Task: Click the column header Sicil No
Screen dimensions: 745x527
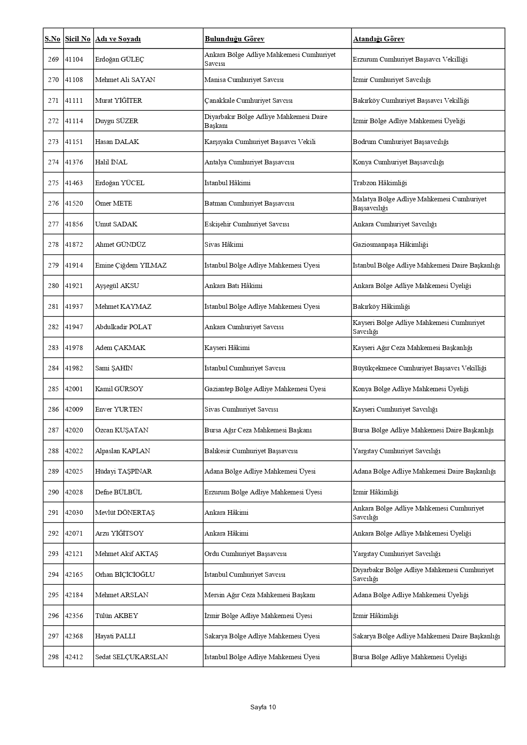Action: (x=78, y=39)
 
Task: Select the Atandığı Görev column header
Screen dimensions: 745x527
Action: (x=378, y=39)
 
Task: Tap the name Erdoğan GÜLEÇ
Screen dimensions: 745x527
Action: (x=119, y=59)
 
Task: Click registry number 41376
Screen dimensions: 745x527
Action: (x=74, y=162)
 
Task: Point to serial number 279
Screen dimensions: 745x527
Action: (x=53, y=265)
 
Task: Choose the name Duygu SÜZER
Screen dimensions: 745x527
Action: (x=116, y=121)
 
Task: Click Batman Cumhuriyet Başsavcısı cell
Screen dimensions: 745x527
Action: (x=249, y=203)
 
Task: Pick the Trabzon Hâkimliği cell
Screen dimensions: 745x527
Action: (x=380, y=183)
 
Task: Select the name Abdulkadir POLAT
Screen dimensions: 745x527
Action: (x=123, y=327)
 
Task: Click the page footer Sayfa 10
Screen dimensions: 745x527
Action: (x=263, y=707)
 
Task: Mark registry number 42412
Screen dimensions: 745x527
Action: (x=74, y=657)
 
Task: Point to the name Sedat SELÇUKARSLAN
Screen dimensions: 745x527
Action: (x=131, y=657)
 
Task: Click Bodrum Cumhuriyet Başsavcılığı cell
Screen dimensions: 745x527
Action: (x=400, y=142)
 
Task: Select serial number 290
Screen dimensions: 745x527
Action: (x=53, y=492)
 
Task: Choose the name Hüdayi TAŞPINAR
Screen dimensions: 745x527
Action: (x=123, y=471)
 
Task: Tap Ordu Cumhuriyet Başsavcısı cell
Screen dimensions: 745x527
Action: (x=245, y=554)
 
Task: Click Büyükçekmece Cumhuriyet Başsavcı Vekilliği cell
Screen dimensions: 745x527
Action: (x=419, y=368)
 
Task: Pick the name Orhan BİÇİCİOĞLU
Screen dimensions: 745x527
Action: (x=125, y=575)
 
